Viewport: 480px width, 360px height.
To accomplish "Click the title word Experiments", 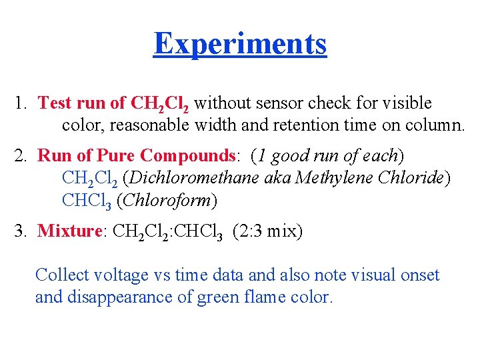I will click(240, 44).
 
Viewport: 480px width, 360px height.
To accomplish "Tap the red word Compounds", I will click(189, 156).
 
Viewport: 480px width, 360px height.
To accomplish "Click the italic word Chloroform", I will click(177, 200).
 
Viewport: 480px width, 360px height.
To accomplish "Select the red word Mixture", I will click(69, 231).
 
